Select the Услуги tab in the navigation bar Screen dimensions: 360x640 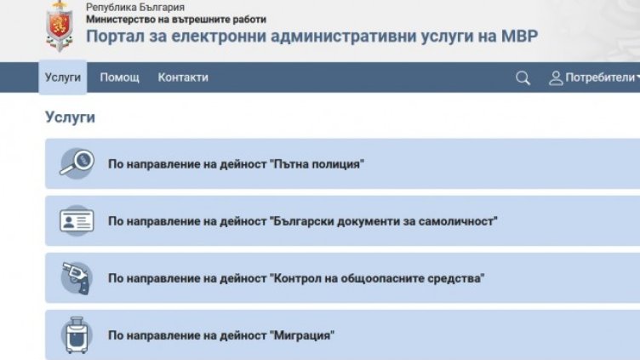click(63, 77)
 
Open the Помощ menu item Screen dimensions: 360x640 click(119, 77)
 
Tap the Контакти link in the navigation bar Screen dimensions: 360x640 click(183, 77)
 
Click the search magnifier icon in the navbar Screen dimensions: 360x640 click(523, 78)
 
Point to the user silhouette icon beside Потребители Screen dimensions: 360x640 click(557, 78)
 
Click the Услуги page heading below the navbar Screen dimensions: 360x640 click(70, 117)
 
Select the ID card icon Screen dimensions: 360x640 click(77, 220)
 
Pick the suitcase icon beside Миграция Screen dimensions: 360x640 click(75, 335)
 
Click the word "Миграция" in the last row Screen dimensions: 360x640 click(302, 335)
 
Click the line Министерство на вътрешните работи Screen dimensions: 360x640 click(175, 19)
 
